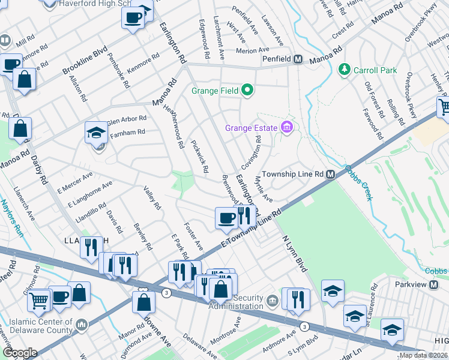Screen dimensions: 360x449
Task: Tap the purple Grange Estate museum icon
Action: [286, 128]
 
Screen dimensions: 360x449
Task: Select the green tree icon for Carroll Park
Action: [345, 70]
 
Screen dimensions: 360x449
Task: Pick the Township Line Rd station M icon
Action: [330, 174]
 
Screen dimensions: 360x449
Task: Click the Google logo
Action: [19, 353]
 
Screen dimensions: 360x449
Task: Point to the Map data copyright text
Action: [424, 355]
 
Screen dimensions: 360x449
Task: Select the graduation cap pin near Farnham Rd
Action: [96, 133]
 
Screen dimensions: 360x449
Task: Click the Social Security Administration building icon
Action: [272, 299]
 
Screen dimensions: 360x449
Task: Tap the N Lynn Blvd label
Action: [295, 252]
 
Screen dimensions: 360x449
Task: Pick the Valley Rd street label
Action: [152, 197]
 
